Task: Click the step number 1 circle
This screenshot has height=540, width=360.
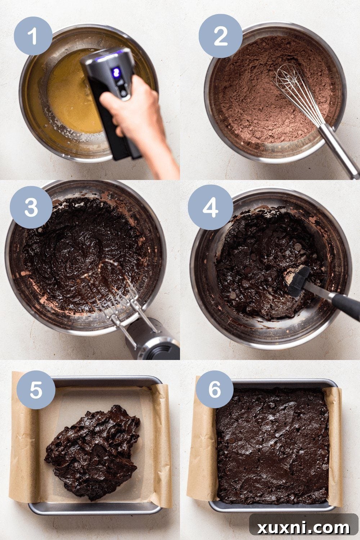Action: pyautogui.click(x=33, y=36)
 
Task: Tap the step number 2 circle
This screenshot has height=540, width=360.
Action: pyautogui.click(x=220, y=36)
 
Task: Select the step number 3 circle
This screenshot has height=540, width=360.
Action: pyautogui.click(x=31, y=207)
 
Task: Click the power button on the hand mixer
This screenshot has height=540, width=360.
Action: pyautogui.click(x=123, y=93)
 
